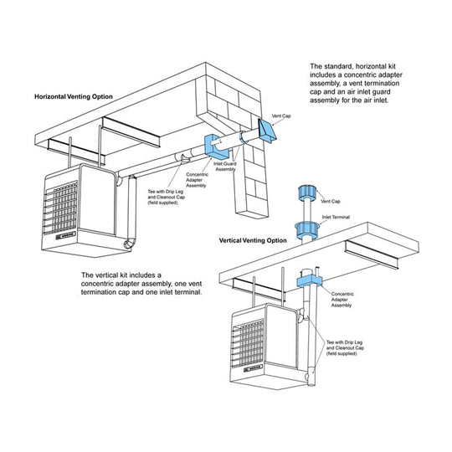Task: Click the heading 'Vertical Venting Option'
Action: coord(253,240)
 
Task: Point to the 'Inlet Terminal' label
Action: coord(336,217)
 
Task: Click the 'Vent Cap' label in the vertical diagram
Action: coord(331,202)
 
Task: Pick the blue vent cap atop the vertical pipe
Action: coord(303,194)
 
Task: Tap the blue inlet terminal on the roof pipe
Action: coord(303,227)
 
